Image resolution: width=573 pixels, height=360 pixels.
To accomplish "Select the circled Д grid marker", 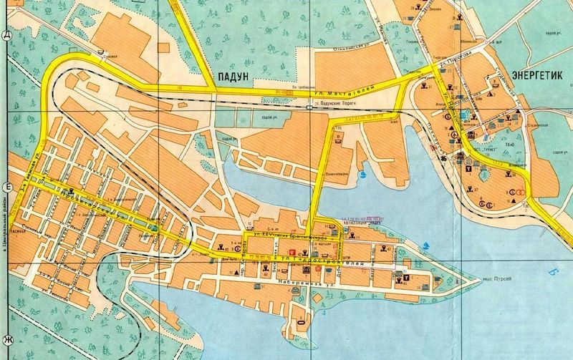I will (6, 35).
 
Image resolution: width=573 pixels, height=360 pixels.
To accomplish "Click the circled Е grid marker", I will (6, 188).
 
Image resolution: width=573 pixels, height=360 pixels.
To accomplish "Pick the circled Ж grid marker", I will (6, 339).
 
